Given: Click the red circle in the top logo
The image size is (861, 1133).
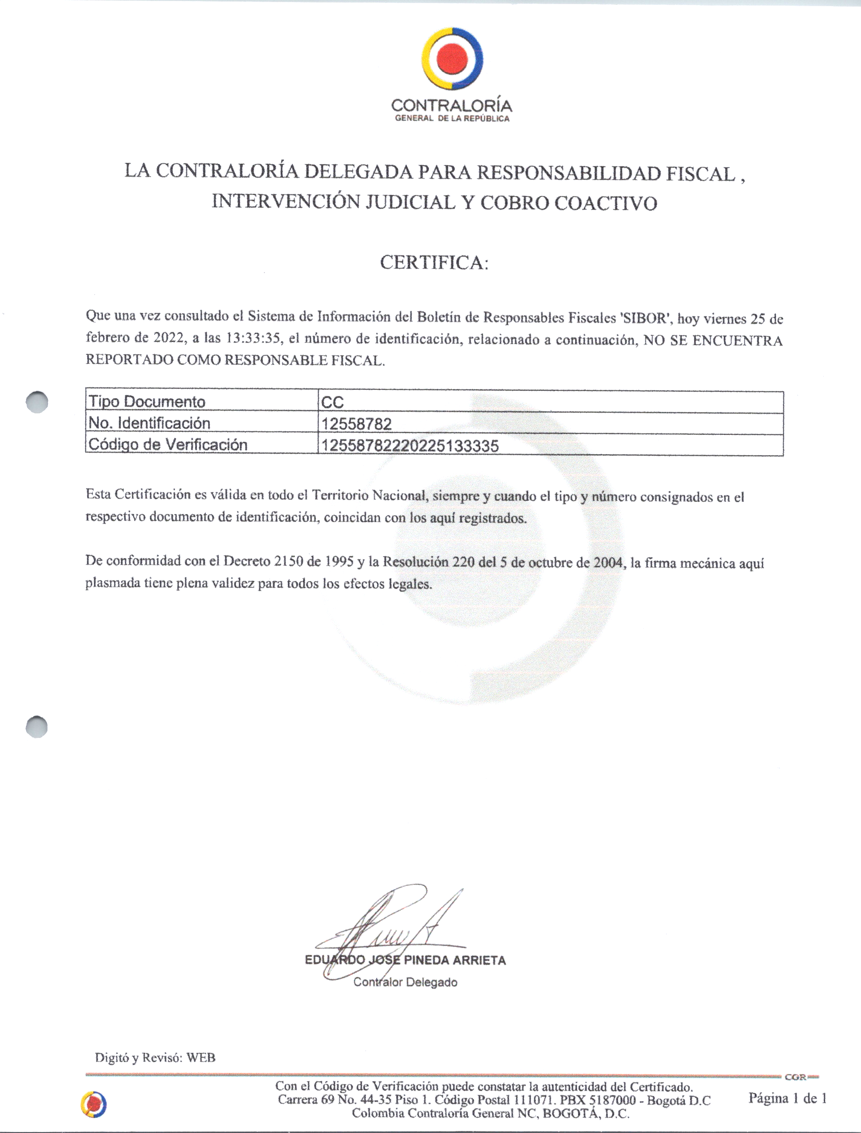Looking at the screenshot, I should point(453,58).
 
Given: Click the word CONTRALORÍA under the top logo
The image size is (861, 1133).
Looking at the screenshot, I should point(451,106).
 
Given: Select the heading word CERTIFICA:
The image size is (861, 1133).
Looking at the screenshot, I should point(434,262).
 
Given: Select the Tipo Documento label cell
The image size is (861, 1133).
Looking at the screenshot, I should point(147,402).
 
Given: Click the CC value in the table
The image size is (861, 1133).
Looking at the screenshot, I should point(332,402).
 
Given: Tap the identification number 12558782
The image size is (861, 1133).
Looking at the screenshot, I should point(356,424).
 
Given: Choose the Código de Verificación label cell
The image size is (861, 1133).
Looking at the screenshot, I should point(168,445).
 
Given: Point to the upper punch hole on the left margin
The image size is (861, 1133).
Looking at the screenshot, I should point(37,402).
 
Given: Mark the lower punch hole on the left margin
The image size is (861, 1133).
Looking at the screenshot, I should point(37,727).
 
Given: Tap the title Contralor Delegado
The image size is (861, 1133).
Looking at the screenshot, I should point(405,982).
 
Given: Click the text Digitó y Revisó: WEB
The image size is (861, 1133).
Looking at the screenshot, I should point(155,1057).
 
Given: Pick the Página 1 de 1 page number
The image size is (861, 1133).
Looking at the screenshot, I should point(787,1098).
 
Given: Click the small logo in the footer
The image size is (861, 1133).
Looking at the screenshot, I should point(93,1104).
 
